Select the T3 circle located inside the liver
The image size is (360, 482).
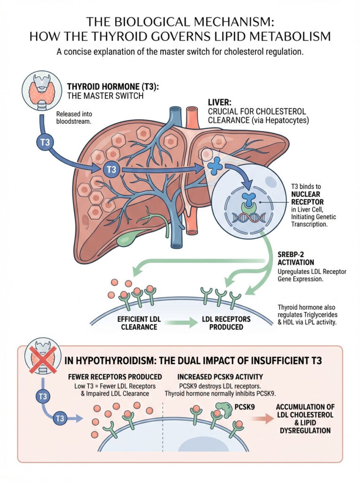(111, 169)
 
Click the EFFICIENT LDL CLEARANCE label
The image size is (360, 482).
(139, 323)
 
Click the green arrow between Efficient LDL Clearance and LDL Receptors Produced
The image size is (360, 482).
(183, 323)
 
